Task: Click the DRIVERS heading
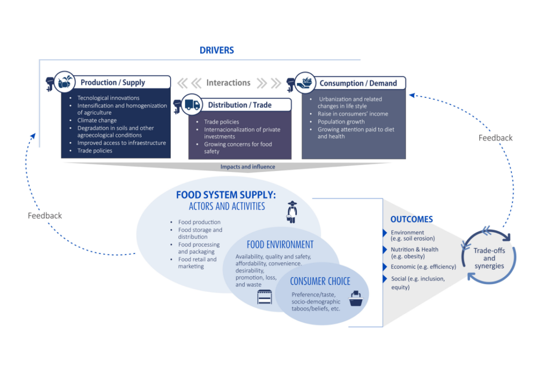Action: (x=217, y=51)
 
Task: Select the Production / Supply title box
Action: (x=113, y=83)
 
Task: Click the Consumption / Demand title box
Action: (x=358, y=83)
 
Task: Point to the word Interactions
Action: (x=228, y=83)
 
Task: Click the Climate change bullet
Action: (x=97, y=121)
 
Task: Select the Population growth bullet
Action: (x=341, y=122)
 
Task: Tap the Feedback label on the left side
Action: (x=45, y=216)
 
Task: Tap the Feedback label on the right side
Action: (x=495, y=138)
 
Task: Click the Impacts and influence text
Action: (x=248, y=167)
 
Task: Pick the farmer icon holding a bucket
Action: (x=292, y=211)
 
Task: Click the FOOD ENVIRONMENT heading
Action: (x=280, y=245)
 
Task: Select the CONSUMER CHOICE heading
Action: (x=320, y=281)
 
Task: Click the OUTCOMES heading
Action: (x=412, y=219)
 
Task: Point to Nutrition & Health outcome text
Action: (x=414, y=253)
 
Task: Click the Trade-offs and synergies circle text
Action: (x=489, y=259)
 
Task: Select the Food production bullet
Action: (x=199, y=222)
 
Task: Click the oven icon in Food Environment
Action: (x=265, y=297)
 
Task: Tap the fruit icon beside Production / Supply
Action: (x=64, y=83)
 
